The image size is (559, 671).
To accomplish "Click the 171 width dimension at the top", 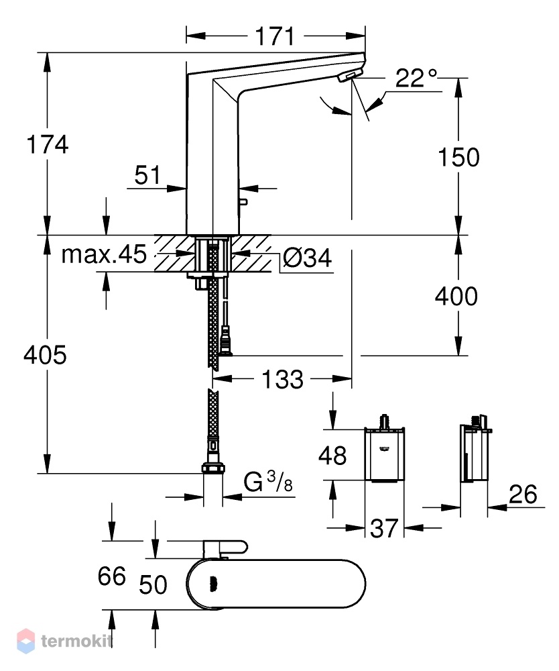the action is coord(275,36).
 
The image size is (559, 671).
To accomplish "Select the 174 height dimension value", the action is coord(47,144).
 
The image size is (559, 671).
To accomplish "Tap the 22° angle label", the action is coord(416,78).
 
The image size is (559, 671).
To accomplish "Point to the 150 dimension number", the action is coord(458,157).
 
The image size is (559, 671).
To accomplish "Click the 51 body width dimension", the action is coord(147,174).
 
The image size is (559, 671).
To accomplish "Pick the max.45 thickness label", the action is coord(104,254).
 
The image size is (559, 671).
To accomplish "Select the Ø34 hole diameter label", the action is coord(307,258).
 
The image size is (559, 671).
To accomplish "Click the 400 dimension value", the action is coord(456,296).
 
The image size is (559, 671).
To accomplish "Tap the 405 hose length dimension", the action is coord(45,355).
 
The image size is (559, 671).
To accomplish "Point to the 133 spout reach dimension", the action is coord(282,379).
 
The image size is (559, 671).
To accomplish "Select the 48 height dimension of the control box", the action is coord(332,456).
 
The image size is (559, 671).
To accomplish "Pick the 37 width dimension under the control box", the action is coord(384,528).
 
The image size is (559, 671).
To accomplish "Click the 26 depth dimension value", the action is coord(523,495).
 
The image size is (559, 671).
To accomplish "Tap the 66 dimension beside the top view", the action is coord(111,576).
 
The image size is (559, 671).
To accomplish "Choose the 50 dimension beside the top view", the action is coord(153,584).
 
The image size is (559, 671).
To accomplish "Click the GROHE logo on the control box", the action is coord(383,448).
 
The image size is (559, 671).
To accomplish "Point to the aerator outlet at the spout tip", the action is coord(346,77).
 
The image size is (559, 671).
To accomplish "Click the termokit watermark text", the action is coord(77,641).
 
